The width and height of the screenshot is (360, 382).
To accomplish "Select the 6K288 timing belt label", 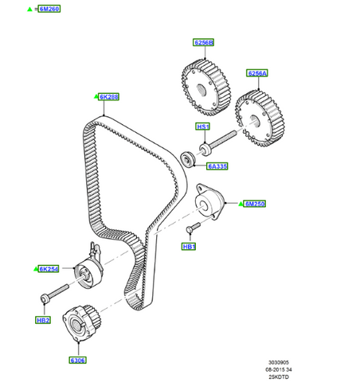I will (109, 97).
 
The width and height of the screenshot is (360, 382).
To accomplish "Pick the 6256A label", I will (258, 74).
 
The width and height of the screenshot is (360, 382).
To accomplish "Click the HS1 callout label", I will (202, 126).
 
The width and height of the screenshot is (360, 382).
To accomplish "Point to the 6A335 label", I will (217, 166).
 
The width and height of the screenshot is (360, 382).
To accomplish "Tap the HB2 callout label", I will (43, 321).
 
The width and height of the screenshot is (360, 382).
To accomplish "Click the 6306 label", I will (78, 359).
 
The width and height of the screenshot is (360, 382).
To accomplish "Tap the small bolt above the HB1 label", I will (191, 229).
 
